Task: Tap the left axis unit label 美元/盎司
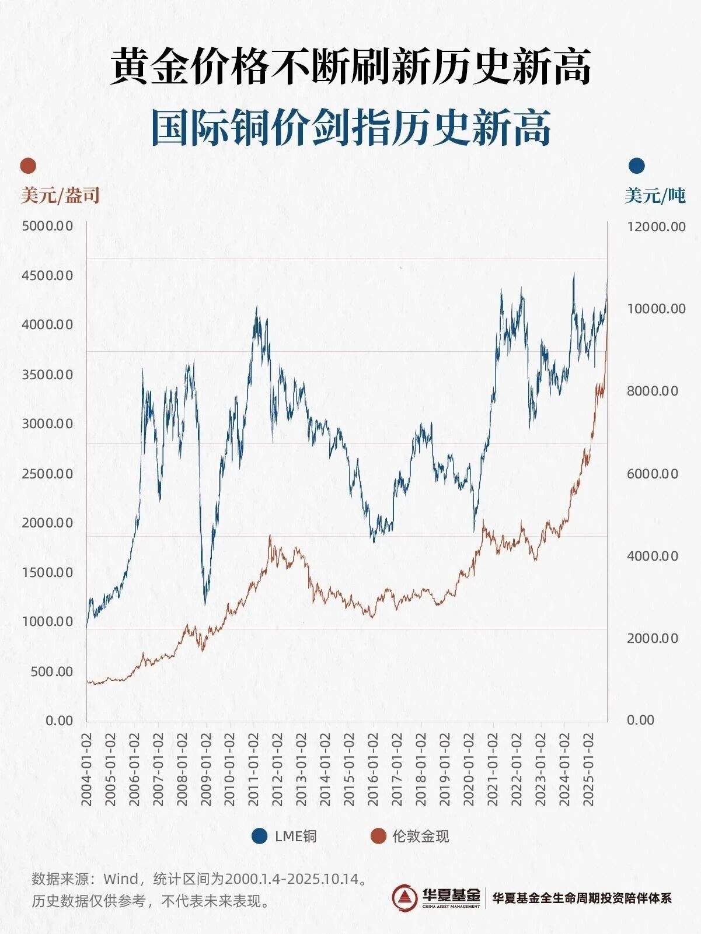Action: pos(60,195)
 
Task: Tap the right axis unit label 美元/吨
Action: pos(655,195)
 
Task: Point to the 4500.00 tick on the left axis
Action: pos(47,275)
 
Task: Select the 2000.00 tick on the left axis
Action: pos(47,523)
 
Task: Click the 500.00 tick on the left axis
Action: pos(51,671)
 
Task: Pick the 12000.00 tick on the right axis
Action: pos(656,226)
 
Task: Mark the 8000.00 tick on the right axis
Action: pos(653,391)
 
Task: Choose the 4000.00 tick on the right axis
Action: pos(653,556)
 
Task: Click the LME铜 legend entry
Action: pos(285,836)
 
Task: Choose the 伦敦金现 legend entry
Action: pos(410,836)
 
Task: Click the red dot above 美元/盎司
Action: pos(28,166)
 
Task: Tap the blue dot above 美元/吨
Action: pos(637,166)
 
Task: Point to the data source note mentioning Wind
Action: pos(200,879)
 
